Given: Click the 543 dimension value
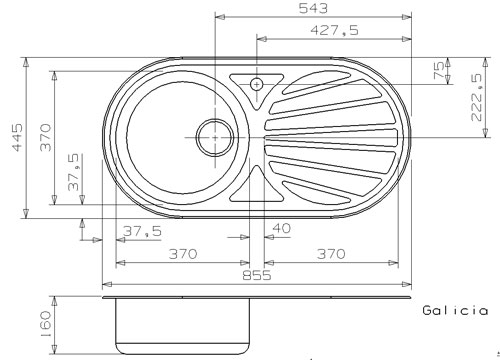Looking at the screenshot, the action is point(313,8).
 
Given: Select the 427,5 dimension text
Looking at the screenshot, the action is point(334,30).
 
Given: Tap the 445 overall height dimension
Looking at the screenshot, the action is point(17,137).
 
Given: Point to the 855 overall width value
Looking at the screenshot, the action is point(257,276).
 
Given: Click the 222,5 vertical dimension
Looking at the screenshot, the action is point(477,97).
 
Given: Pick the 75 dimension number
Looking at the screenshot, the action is point(439,70).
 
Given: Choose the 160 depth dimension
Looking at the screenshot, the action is point(45,324).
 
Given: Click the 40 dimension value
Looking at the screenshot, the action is point(282,229).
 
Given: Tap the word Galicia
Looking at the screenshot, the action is point(455,310).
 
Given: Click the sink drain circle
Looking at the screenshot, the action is point(215,137).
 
